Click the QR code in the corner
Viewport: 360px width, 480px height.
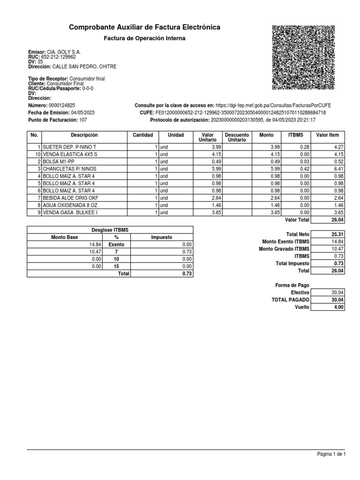click(304, 57)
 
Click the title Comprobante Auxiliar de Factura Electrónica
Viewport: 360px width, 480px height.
click(144, 28)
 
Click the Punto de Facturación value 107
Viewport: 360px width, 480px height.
click(83, 120)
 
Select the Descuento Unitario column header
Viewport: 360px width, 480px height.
click(237, 137)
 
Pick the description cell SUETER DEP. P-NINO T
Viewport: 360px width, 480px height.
click(69, 147)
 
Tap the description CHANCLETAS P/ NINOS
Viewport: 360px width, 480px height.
click(69, 169)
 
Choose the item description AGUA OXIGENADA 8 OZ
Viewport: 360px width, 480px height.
click(69, 205)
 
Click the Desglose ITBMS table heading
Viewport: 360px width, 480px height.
click(110, 230)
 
